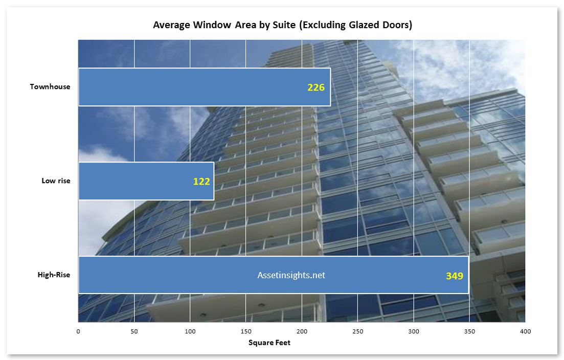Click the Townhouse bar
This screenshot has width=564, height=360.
(x=205, y=87)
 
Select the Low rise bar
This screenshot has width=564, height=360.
(x=146, y=181)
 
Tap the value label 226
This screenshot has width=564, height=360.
(x=316, y=87)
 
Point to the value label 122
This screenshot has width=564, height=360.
(x=201, y=181)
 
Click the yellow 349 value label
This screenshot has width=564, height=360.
(x=455, y=276)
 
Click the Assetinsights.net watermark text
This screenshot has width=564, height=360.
(x=291, y=275)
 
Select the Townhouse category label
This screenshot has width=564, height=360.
(x=50, y=86)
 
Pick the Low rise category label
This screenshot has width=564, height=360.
(x=56, y=181)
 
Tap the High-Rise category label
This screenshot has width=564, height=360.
(x=54, y=275)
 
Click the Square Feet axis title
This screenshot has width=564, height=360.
(x=269, y=343)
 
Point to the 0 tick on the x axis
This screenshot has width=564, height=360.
(x=78, y=331)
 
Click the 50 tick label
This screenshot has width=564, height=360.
(x=134, y=331)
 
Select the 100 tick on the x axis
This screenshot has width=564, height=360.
(x=190, y=331)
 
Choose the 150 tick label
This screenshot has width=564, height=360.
(x=246, y=331)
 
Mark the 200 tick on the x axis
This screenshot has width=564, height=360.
(x=302, y=331)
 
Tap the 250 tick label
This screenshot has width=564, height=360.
(x=357, y=331)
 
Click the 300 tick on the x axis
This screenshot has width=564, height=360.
(x=414, y=331)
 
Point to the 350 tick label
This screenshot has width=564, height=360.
(x=469, y=331)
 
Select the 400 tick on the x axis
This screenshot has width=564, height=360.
(x=526, y=331)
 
